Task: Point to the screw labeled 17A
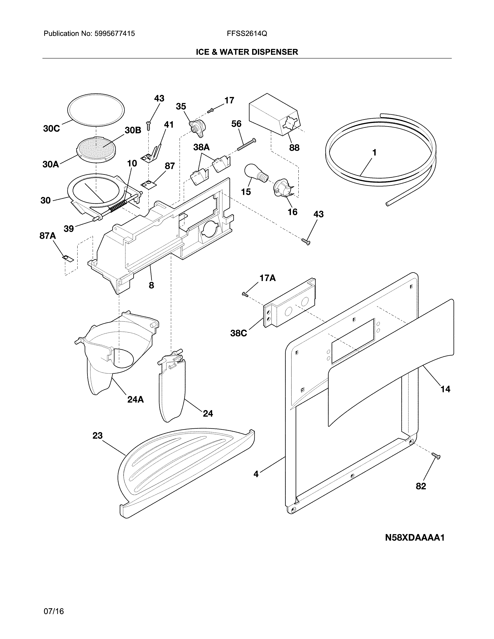[x=245, y=294]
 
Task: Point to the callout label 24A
[x=135, y=399]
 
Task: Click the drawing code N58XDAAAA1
[x=415, y=538]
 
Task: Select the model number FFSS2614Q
[x=247, y=34]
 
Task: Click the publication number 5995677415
[x=114, y=34]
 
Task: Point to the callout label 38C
[x=238, y=333]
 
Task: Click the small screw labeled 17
[x=210, y=110]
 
